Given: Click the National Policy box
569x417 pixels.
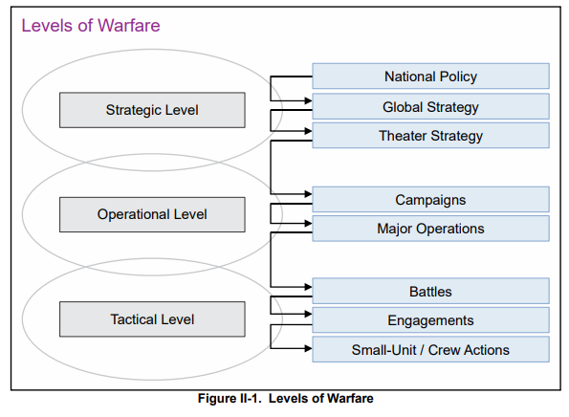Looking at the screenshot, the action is pyautogui.click(x=430, y=77).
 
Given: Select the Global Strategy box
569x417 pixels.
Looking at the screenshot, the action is pyautogui.click(x=430, y=106).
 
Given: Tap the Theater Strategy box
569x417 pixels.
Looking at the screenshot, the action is pyautogui.click(x=430, y=136).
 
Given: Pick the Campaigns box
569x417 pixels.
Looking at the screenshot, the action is pyautogui.click(x=430, y=200).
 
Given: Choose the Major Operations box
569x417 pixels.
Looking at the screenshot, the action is pyautogui.click(x=430, y=229).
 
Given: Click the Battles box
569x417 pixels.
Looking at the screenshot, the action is pyautogui.click(x=430, y=291).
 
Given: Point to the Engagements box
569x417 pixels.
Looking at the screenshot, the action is pyautogui.click(x=430, y=320).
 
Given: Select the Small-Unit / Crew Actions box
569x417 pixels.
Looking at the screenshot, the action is pyautogui.click(x=430, y=349).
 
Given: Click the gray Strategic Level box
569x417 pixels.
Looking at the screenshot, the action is pyautogui.click(x=152, y=110).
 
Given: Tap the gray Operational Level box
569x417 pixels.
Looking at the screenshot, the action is pyautogui.click(x=152, y=214).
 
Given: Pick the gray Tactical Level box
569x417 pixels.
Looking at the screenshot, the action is pyautogui.click(x=152, y=319).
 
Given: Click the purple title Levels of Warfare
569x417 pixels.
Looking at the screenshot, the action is pyautogui.click(x=91, y=26).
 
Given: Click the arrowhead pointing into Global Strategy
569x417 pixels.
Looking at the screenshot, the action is pyautogui.click(x=309, y=100).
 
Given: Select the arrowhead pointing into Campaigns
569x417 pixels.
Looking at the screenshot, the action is pyautogui.click(x=309, y=194).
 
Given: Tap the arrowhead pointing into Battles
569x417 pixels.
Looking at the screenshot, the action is pyautogui.click(x=309, y=287).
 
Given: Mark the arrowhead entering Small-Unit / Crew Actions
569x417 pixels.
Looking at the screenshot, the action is pyautogui.click(x=309, y=348).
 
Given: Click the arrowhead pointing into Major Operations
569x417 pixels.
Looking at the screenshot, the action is pyautogui.click(x=309, y=223).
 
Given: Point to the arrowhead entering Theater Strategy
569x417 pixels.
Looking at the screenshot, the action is pyautogui.click(x=309, y=131).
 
